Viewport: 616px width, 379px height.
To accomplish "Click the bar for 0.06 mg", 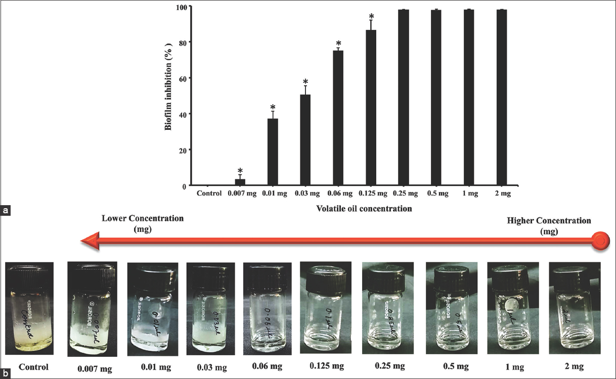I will point(338,118).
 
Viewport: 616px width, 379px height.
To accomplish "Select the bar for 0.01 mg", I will point(273,152).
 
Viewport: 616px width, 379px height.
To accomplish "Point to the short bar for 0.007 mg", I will point(240,182).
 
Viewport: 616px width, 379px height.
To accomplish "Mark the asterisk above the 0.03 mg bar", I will point(305,82).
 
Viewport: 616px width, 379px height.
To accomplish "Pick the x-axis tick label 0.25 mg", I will point(403,194).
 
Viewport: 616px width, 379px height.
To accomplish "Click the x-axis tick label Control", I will point(209,194).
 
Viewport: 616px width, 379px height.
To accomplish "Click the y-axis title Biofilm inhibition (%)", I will point(169,96).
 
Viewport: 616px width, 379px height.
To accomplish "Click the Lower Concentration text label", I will point(143,223).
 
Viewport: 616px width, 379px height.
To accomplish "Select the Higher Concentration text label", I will point(549,225).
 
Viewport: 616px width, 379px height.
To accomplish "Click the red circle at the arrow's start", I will point(600,241).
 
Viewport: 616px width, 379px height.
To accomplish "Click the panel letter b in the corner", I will point(6,373).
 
